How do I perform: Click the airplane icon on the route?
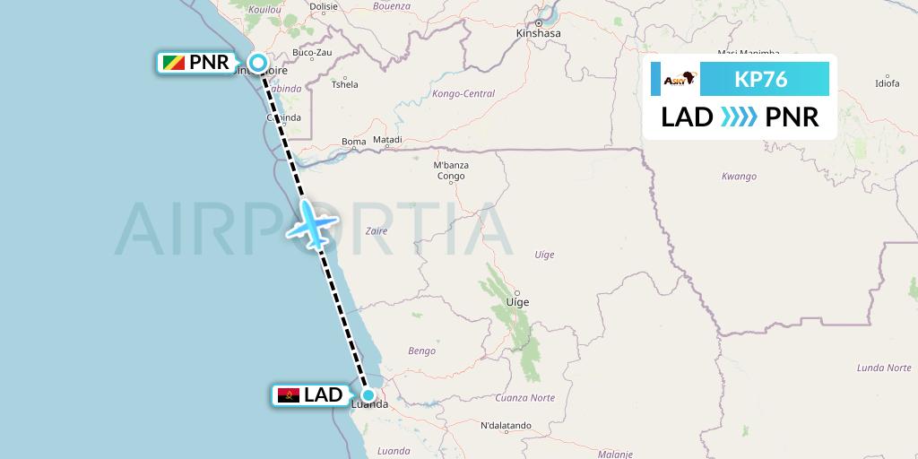coord(312,223)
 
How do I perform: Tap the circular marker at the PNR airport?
coord(258,63)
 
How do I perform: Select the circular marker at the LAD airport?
coord(368,394)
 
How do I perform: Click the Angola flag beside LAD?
coord(289,395)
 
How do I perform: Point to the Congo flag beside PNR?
coord(173,64)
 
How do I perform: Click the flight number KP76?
coord(760,80)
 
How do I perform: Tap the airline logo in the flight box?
coord(679,80)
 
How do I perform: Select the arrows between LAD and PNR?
coord(739,117)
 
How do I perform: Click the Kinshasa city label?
coord(539,34)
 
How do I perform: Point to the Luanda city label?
coord(370,405)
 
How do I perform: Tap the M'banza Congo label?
coord(450,171)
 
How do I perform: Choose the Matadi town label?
coord(387,141)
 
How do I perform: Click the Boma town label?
coord(354,142)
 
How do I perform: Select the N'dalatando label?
coord(507,426)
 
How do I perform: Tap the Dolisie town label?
coord(322,5)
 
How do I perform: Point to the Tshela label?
coord(345,85)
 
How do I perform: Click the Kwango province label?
coord(739,177)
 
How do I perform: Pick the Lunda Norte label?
coord(883,368)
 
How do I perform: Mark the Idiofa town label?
coord(887,83)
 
